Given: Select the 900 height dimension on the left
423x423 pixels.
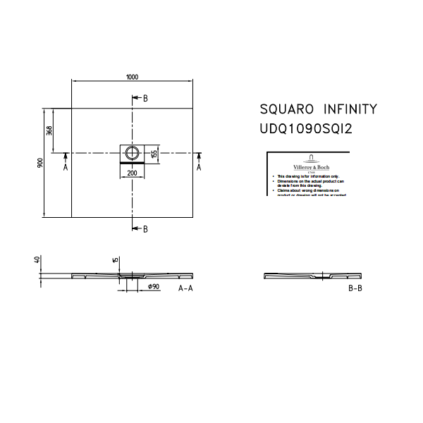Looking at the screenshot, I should [x=41, y=163].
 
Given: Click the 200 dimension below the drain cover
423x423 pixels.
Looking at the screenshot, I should [x=132, y=173].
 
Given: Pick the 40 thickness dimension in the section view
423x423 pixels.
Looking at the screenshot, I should [x=37, y=259].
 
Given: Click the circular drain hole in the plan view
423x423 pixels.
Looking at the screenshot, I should [x=132, y=152].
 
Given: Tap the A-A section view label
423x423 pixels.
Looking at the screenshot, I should [x=185, y=289].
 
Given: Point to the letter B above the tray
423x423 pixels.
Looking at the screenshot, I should [x=145, y=98].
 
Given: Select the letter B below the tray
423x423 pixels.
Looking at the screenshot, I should [x=145, y=229].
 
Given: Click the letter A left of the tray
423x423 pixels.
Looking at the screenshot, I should [x=65, y=168].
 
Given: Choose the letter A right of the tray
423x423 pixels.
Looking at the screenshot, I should [x=199, y=168].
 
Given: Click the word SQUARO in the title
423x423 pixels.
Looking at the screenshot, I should [x=287, y=109].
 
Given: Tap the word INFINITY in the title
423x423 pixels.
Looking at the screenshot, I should [x=350, y=109].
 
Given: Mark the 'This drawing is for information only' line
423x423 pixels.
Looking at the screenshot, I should [x=308, y=176].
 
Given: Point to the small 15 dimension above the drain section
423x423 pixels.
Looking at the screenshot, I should [x=116, y=260].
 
